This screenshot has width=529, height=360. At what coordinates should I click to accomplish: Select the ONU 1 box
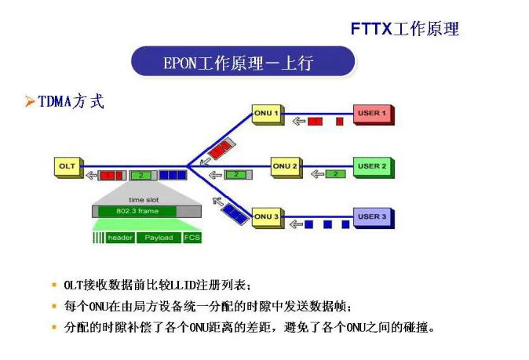[266, 114]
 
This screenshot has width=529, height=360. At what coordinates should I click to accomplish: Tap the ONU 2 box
[285, 166]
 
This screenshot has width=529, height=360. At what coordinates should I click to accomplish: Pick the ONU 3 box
[266, 216]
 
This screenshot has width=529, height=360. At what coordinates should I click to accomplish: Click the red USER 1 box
[372, 115]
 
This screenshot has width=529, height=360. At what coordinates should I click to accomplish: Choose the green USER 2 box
[372, 167]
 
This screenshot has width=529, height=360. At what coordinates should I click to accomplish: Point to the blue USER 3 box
[372, 216]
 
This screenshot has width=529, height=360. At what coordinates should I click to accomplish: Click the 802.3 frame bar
[137, 211]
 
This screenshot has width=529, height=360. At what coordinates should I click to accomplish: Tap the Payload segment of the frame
[159, 237]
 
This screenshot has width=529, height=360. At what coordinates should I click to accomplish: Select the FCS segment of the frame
[192, 237]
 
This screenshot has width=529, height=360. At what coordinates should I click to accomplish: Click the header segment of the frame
[120, 237]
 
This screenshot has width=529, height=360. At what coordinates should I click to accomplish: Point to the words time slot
[143, 200]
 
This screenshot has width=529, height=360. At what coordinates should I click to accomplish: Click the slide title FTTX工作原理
[404, 29]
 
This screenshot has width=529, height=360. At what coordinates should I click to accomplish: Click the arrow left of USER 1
[298, 121]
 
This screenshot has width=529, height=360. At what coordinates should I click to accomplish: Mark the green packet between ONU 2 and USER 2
[335, 173]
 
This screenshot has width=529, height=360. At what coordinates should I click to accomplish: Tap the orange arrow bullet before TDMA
[29, 102]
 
